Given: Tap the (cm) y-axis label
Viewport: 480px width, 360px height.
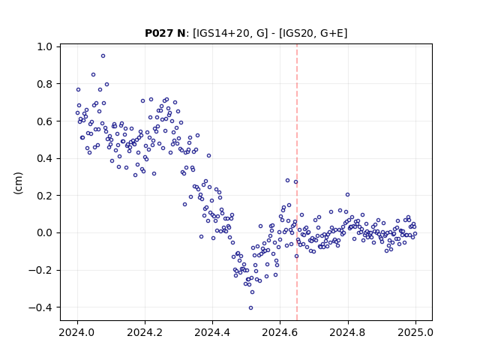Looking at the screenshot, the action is pos(18,183).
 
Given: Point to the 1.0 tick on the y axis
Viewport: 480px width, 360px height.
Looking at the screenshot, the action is pos(45,46).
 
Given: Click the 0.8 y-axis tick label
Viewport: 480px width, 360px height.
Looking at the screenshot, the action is pos(45,84).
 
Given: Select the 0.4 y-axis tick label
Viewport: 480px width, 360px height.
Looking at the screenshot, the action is pos(45,158).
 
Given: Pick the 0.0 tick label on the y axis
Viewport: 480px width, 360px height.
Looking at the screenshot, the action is pos(45,233).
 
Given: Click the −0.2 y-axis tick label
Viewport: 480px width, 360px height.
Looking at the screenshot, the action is pos(40,270).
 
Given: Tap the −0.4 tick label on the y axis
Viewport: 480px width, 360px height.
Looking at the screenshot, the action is pos(40,307).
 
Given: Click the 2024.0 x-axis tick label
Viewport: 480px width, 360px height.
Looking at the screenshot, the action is pos(77,332).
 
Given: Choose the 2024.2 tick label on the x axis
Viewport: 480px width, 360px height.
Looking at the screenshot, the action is pos(145,332).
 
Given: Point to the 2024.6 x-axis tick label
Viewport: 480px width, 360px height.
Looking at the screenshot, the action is pos(280,332).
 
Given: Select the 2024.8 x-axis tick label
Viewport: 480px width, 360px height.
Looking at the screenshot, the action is pos(348,332).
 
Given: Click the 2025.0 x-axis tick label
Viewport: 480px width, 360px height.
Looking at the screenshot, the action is pos(415,332).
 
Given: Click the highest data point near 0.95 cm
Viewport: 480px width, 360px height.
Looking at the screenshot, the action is pos(103,56).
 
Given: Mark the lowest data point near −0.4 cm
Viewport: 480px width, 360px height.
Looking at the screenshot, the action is pos(250,308).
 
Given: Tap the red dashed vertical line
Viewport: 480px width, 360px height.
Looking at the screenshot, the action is pos(297,182).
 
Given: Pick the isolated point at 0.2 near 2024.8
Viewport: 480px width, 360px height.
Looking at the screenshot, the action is pos(347,195).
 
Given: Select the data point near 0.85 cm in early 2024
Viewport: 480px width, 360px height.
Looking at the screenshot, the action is pos(93,75).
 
